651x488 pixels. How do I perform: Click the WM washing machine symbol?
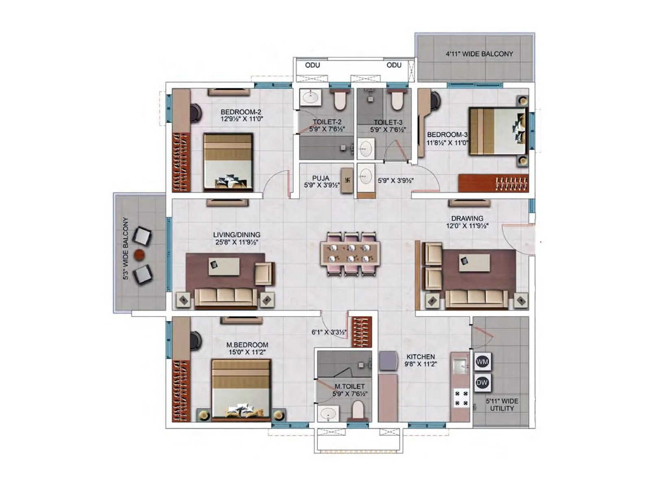click(x=482, y=362)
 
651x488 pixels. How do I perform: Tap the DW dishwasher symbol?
click(x=482, y=382)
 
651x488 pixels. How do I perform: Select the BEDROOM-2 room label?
click(x=241, y=112)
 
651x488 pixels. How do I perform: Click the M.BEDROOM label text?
click(x=247, y=345)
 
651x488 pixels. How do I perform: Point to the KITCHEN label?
click(x=420, y=357)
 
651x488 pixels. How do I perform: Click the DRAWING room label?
click(x=467, y=218)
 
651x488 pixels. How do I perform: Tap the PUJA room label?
click(x=321, y=178)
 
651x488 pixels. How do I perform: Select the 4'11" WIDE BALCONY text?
click(x=479, y=54)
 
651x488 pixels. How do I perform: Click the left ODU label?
click(x=312, y=65)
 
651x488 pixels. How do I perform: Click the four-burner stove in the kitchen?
click(x=461, y=398)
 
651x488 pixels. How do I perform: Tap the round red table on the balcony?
click(x=140, y=255)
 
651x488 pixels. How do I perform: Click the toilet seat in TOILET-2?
click(x=339, y=100)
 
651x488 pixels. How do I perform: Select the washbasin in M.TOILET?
click(x=328, y=414)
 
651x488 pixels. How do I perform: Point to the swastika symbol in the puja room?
click(x=347, y=180)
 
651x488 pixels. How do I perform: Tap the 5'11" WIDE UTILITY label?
click(x=502, y=405)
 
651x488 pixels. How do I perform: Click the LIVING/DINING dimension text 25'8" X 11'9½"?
click(x=237, y=242)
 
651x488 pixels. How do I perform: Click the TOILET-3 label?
click(x=388, y=122)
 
